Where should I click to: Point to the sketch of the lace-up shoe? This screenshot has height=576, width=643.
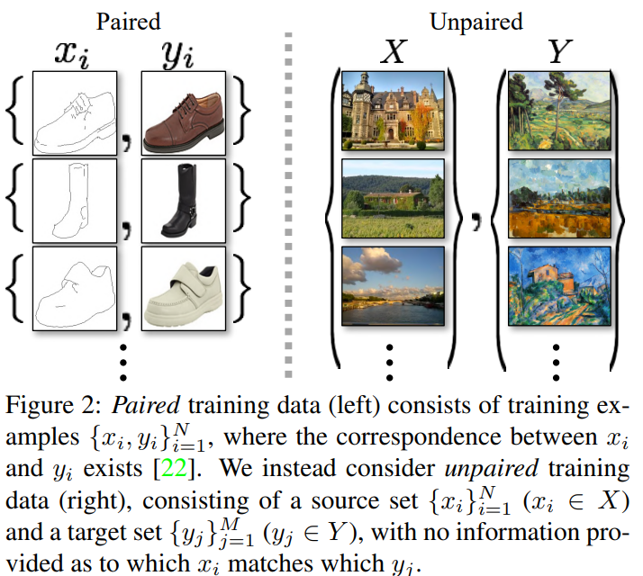point(74,114)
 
